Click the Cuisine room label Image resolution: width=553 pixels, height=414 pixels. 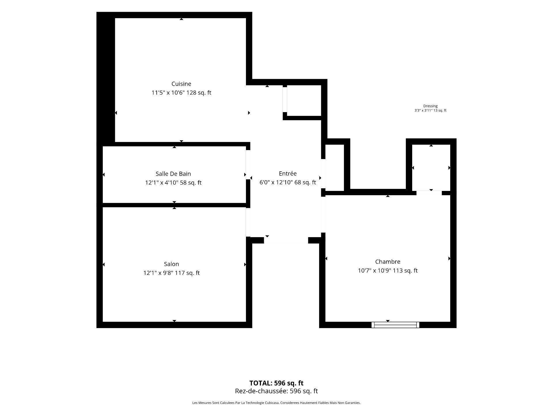[181, 84]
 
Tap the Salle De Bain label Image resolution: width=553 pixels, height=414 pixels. [173, 174]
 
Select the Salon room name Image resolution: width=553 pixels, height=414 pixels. [171, 264]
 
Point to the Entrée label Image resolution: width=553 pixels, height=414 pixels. [287, 173]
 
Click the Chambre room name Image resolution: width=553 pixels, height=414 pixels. [388, 262]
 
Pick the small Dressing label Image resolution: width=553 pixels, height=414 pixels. [430, 106]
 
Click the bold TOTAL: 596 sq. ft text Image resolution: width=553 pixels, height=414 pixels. [276, 383]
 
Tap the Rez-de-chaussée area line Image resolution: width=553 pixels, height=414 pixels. [276, 391]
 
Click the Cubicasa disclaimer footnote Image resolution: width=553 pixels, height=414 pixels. [276, 403]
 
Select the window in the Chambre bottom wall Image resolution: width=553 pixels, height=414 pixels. [395, 325]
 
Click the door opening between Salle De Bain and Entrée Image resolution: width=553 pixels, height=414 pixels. [248, 165]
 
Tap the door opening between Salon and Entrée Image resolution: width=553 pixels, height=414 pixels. [248, 222]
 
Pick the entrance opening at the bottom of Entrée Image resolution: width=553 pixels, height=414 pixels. [286, 240]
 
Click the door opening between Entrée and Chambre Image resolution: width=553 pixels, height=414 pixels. [323, 214]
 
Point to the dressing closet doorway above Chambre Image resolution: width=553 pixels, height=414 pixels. [429, 193]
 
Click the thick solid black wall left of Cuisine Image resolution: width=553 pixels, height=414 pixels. [106, 78]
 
